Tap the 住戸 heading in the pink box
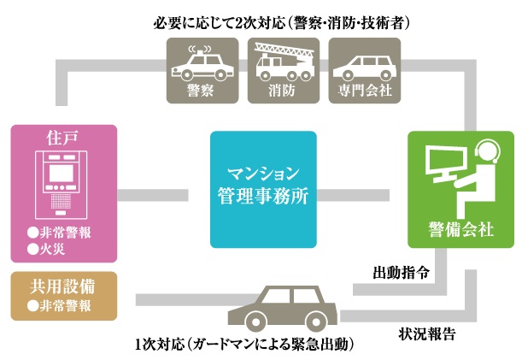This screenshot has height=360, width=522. (x=65, y=138)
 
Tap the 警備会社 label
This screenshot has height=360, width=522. (x=461, y=228)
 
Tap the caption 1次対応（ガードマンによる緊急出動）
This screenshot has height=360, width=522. (x=243, y=345)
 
